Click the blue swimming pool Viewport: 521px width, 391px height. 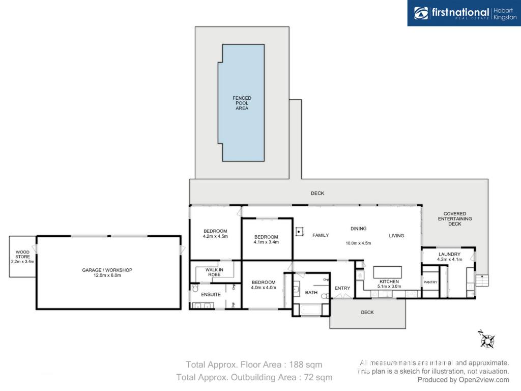pos(242,103)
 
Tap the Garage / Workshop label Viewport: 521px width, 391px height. pos(107,270)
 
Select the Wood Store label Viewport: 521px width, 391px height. pos(22,255)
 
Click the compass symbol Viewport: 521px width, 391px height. pos(487,340)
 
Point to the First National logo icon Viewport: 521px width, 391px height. pos(421,13)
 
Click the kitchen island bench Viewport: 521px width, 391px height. pos(387,272)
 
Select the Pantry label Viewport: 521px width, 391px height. pos(430,282)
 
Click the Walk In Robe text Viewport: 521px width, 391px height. pos(214,272)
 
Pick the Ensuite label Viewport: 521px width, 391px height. pos(211,295)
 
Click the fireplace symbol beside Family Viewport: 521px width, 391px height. pos(299,232)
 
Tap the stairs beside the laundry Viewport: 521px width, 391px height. pos(482,281)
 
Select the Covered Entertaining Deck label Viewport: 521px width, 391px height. pos(454,219)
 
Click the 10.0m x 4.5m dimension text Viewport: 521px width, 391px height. pos(358,243)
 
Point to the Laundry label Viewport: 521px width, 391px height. pos(449,254)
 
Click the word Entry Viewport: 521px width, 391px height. pos(342,288)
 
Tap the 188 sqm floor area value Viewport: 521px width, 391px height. pos(305,365)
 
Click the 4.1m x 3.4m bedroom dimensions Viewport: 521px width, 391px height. pos(266,242)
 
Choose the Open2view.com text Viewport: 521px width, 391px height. pos(484,380)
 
